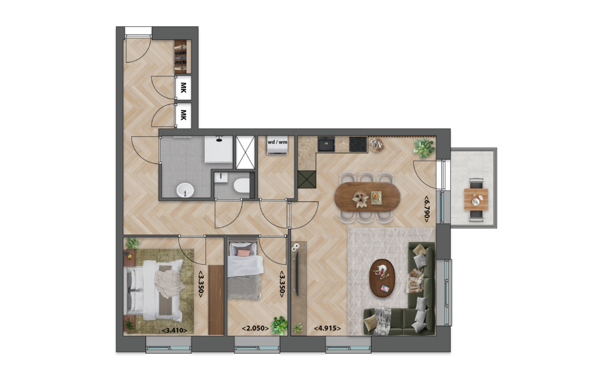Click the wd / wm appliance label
pos(277,142)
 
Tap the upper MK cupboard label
pos(183,88)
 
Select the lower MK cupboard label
pos(183,115)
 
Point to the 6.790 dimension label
pos(427,209)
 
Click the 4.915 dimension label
pos(327,329)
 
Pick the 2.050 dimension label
pos(255,329)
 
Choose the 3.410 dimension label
pos(174,331)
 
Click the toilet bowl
pos(242,185)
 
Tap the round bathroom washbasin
pos(185,191)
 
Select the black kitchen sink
pos(326,144)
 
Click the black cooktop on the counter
pos(358,144)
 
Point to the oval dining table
pos(367,197)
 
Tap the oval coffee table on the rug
pos(382,278)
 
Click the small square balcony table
pos(476,200)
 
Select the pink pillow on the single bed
pos(244,253)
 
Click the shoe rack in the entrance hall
pos(181,57)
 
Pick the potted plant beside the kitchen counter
pos(424,148)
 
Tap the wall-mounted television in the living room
pos(297,273)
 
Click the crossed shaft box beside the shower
pos(245,152)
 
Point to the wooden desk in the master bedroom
pos(216,299)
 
